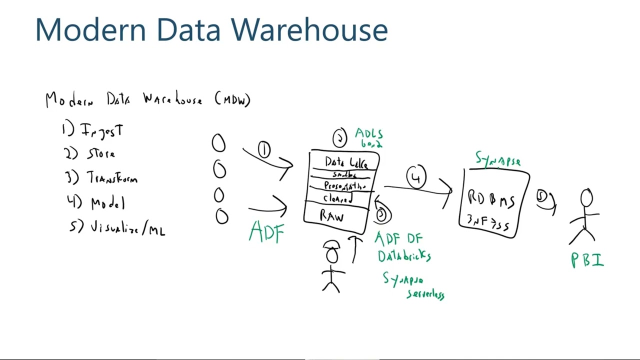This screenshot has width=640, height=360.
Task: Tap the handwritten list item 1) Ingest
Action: pyautogui.click(x=93, y=130)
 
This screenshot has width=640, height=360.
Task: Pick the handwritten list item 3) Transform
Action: pyautogui.click(x=102, y=177)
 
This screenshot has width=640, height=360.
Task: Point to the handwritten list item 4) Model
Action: pyautogui.click(x=96, y=202)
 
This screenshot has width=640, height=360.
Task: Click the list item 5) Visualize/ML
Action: pyautogui.click(x=118, y=228)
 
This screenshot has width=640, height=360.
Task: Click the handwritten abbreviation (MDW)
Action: pyautogui.click(x=232, y=99)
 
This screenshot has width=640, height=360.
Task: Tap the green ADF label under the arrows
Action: pyautogui.click(x=266, y=232)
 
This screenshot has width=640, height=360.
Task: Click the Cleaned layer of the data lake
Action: pyautogui.click(x=338, y=198)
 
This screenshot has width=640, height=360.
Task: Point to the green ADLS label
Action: pyautogui.click(x=369, y=134)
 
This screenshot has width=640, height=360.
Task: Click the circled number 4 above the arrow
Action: pyautogui.click(x=416, y=177)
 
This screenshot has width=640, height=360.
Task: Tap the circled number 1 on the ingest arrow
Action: pyautogui.click(x=264, y=149)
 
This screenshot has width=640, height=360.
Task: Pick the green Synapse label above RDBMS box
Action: pyautogui.click(x=498, y=160)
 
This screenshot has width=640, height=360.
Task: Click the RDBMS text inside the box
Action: pyautogui.click(x=491, y=199)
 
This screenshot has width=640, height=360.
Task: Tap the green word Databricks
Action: pyautogui.click(x=404, y=256)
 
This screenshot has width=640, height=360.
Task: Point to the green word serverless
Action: pyautogui.click(x=425, y=294)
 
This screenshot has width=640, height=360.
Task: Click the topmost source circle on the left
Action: pyautogui.click(x=218, y=143)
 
